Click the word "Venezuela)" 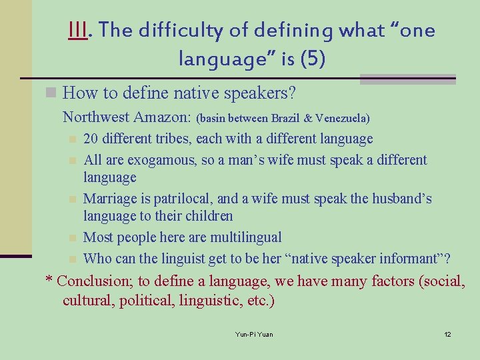click(x=343, y=119)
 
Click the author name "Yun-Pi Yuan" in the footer click(x=254, y=334)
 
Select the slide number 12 click(x=447, y=334)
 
